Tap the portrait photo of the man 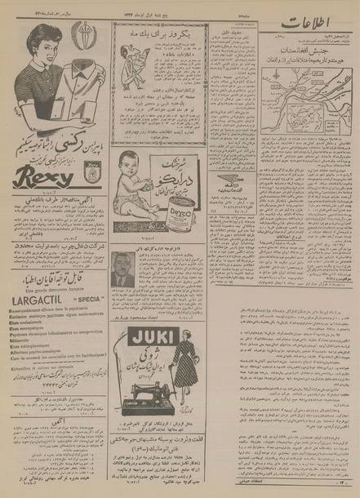(x=122, y=269)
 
